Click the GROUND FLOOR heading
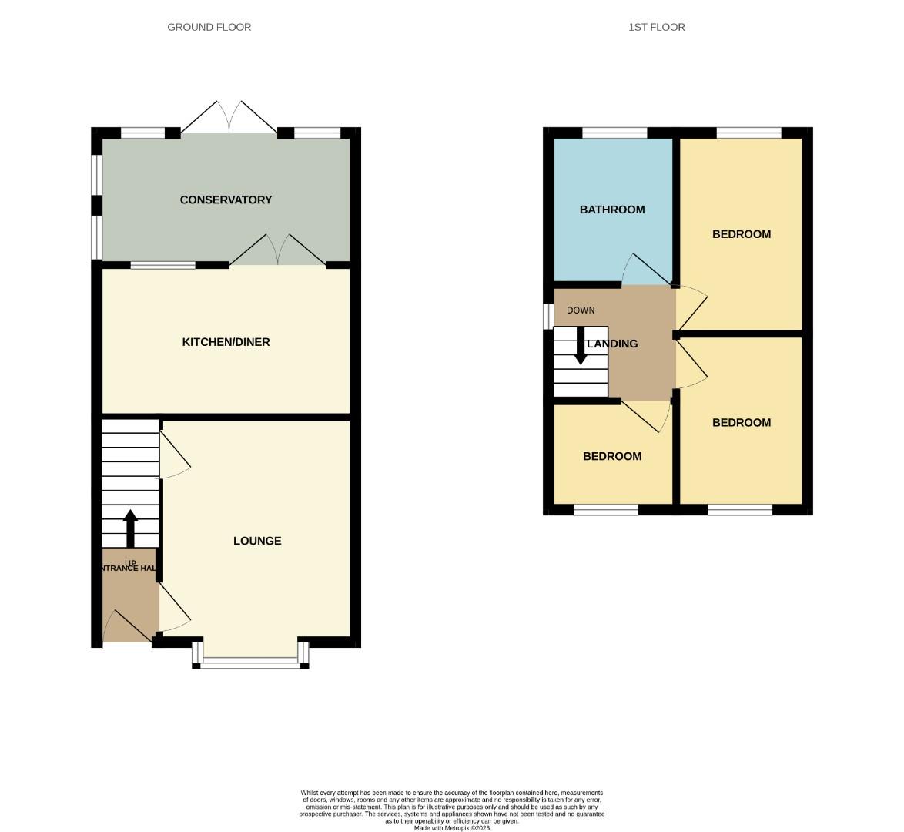(x=209, y=27)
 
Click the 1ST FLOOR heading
(x=656, y=27)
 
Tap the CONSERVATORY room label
(x=226, y=200)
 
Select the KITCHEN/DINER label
(x=226, y=342)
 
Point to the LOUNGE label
(x=257, y=541)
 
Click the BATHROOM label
(x=612, y=210)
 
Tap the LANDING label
(x=613, y=344)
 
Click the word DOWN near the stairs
(x=581, y=310)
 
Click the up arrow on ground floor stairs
(x=130, y=528)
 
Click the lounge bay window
(x=250, y=661)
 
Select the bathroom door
(x=645, y=270)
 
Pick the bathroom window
(x=614, y=133)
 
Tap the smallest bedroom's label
(x=612, y=456)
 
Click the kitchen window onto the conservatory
(x=162, y=266)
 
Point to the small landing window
(x=548, y=315)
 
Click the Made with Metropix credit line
(x=451, y=827)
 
